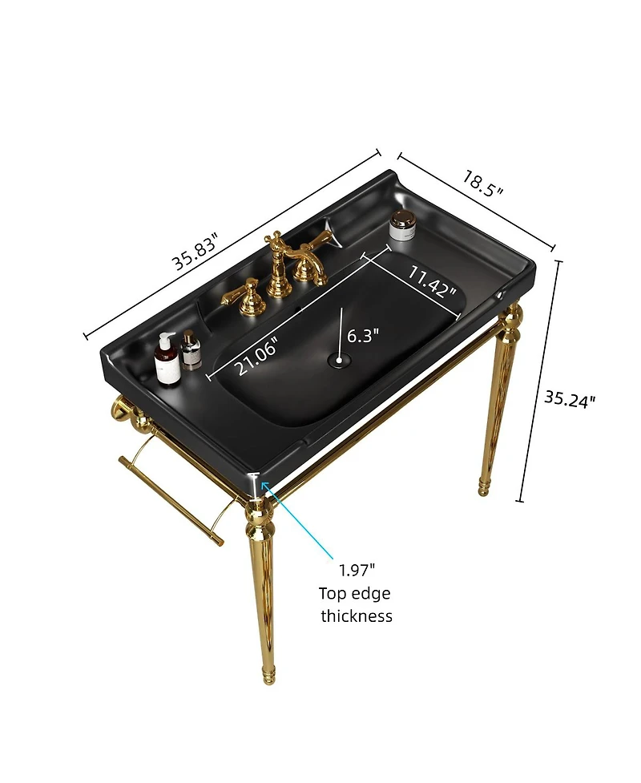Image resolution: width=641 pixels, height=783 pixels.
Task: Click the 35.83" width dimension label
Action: tap(195, 252)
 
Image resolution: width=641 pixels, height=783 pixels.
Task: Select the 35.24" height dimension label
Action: tap(570, 398)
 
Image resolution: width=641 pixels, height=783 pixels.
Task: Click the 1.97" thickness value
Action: tap(357, 570)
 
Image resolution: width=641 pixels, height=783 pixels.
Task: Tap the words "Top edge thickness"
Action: tap(357, 604)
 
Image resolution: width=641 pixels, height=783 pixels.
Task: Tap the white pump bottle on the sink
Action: tap(166, 359)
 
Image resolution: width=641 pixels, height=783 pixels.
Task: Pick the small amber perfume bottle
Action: tap(191, 351)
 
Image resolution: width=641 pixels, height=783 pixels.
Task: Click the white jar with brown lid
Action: tap(401, 225)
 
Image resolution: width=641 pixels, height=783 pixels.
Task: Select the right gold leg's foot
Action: tap(484, 487)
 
